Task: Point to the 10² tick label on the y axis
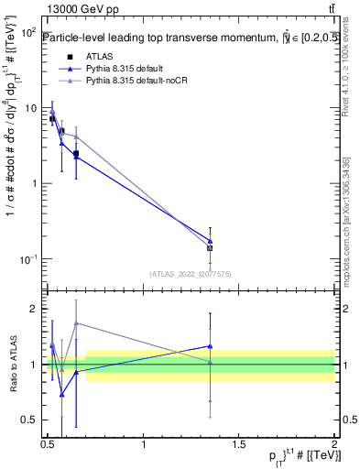click(27, 32)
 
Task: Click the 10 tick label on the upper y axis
click(30, 108)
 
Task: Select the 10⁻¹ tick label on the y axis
click(27, 260)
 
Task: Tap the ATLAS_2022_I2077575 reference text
click(191, 273)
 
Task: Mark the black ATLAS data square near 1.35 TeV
click(210, 248)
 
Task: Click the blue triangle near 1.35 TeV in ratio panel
click(210, 346)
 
